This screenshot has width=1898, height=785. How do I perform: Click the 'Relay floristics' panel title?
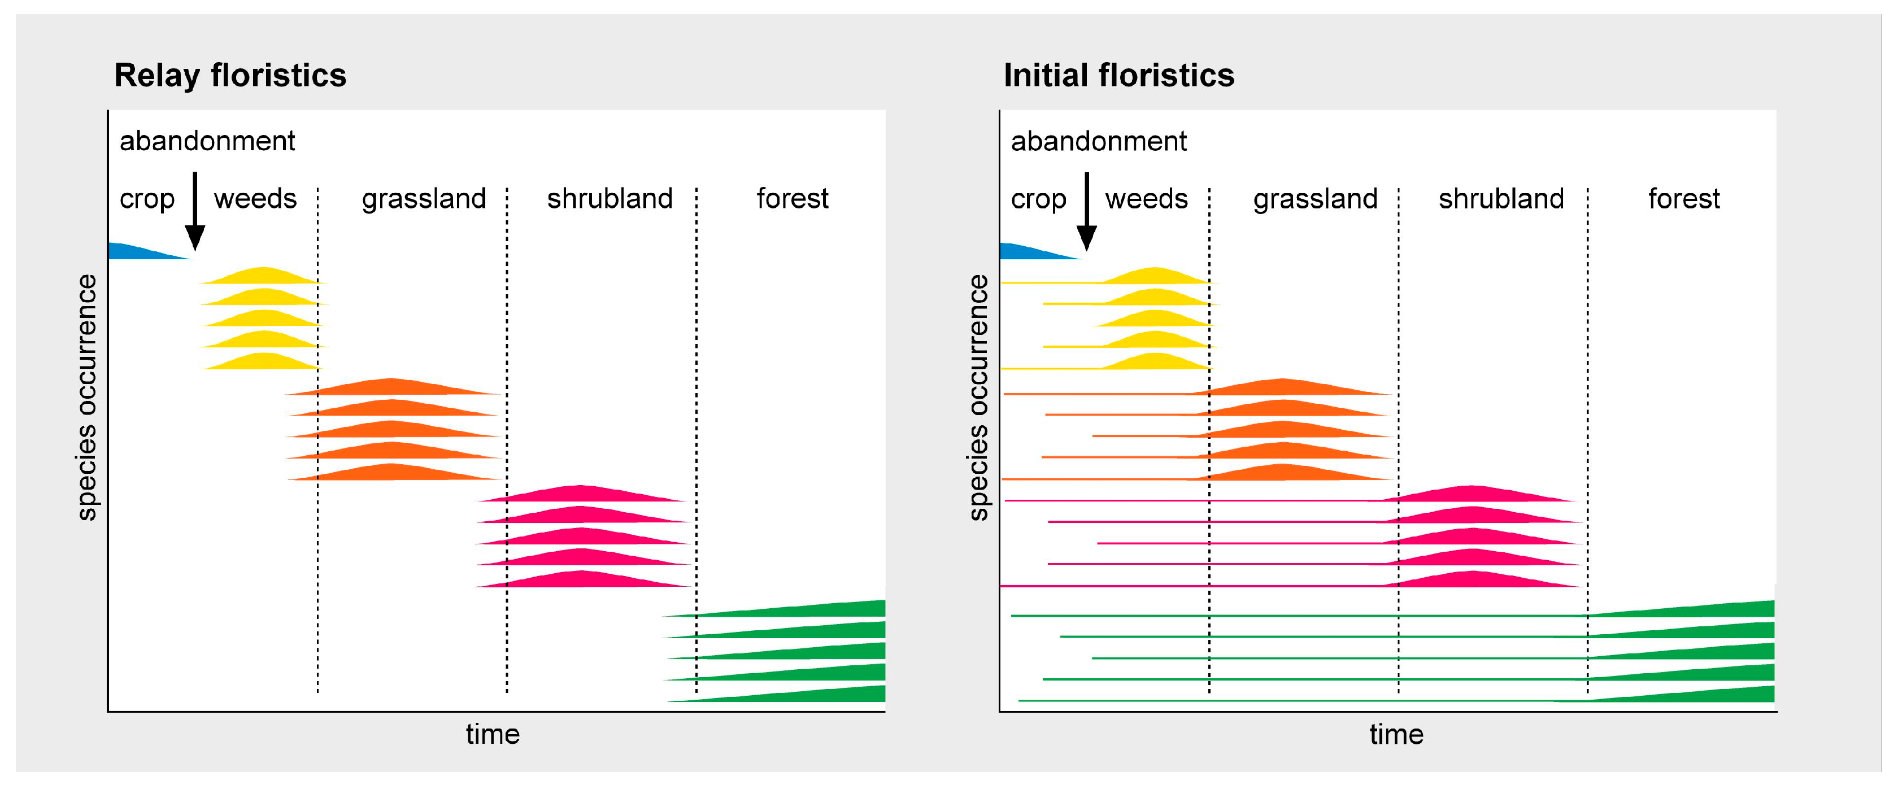[230, 75]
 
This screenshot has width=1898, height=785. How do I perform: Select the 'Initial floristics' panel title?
[1118, 75]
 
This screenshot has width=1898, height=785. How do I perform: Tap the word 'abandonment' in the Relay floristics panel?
[207, 141]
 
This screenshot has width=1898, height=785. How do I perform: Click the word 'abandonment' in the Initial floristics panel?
[1099, 141]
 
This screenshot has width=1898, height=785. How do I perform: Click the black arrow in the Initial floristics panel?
[1087, 211]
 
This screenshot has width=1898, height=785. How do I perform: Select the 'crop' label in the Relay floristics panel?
[147, 199]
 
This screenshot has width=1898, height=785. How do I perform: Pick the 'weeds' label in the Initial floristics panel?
[1147, 198]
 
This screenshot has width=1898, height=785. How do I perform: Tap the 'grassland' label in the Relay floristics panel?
[424, 199]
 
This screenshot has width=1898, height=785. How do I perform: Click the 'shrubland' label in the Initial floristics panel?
[1501, 198]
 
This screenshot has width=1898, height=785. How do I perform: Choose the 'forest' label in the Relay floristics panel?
[792, 198]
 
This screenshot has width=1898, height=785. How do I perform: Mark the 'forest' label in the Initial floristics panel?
[1683, 198]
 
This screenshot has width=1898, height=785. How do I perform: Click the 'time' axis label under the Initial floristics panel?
[1396, 734]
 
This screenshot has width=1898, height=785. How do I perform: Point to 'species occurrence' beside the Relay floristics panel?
[87, 398]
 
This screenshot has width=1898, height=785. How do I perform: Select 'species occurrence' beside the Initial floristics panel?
[978, 398]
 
